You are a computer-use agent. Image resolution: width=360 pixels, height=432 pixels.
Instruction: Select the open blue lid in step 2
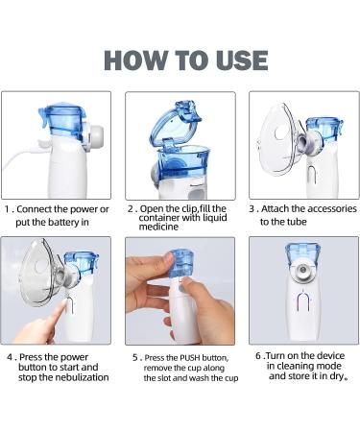click(176, 122)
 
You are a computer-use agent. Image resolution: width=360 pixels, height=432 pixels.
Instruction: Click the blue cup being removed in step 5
click(181, 263)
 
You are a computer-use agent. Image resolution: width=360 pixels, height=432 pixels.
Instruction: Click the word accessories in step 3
click(332, 208)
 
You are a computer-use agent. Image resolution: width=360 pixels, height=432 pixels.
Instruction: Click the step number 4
click(10, 357)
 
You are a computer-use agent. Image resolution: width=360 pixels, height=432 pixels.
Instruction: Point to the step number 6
click(258, 356)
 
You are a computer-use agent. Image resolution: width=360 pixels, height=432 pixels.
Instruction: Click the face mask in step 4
click(41, 272)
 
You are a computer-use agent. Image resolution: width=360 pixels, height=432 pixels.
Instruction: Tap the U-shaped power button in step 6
click(303, 301)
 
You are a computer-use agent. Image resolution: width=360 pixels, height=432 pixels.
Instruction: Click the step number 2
click(131, 209)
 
